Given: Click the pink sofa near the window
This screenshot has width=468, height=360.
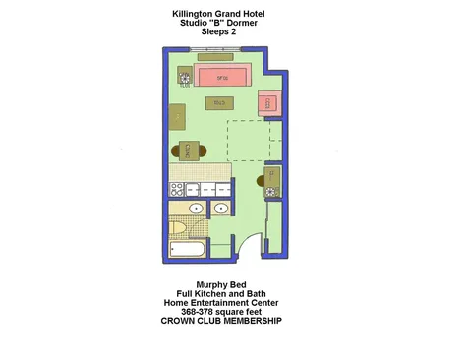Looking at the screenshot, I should [x=222, y=76].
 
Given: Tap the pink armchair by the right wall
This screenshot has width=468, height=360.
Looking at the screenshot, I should [x=269, y=103].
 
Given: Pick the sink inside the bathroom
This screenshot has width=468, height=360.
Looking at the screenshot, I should [x=195, y=209].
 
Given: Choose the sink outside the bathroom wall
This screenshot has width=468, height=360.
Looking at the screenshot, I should [x=221, y=209].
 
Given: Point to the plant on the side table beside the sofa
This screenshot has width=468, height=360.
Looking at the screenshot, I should [x=183, y=78].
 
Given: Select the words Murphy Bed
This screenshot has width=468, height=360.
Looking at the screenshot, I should [x=218, y=285].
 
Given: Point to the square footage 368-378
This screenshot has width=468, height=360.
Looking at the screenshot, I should [x=202, y=312].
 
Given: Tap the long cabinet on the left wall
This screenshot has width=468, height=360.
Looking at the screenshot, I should [x=177, y=119].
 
